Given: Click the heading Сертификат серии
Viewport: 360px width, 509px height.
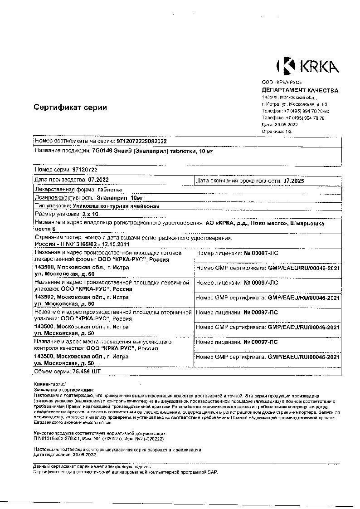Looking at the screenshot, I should pyautogui.click(x=70, y=108).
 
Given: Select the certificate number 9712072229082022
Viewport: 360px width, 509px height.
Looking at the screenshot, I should pyautogui.click(x=142, y=141).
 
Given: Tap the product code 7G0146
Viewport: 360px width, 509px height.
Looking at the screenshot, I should pyautogui.click(x=101, y=152).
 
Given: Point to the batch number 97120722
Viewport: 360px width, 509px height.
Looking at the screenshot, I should pyautogui.click(x=85, y=169).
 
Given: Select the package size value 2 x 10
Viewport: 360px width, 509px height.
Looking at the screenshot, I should pyautogui.click(x=90, y=214).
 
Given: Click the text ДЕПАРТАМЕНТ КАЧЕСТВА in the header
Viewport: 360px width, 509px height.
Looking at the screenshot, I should pyautogui.click(x=300, y=90).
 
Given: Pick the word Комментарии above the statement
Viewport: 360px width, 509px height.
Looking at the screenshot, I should pyautogui.click(x=49, y=384).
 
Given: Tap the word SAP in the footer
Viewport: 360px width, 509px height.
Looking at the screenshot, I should pyautogui.click(x=213, y=472).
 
